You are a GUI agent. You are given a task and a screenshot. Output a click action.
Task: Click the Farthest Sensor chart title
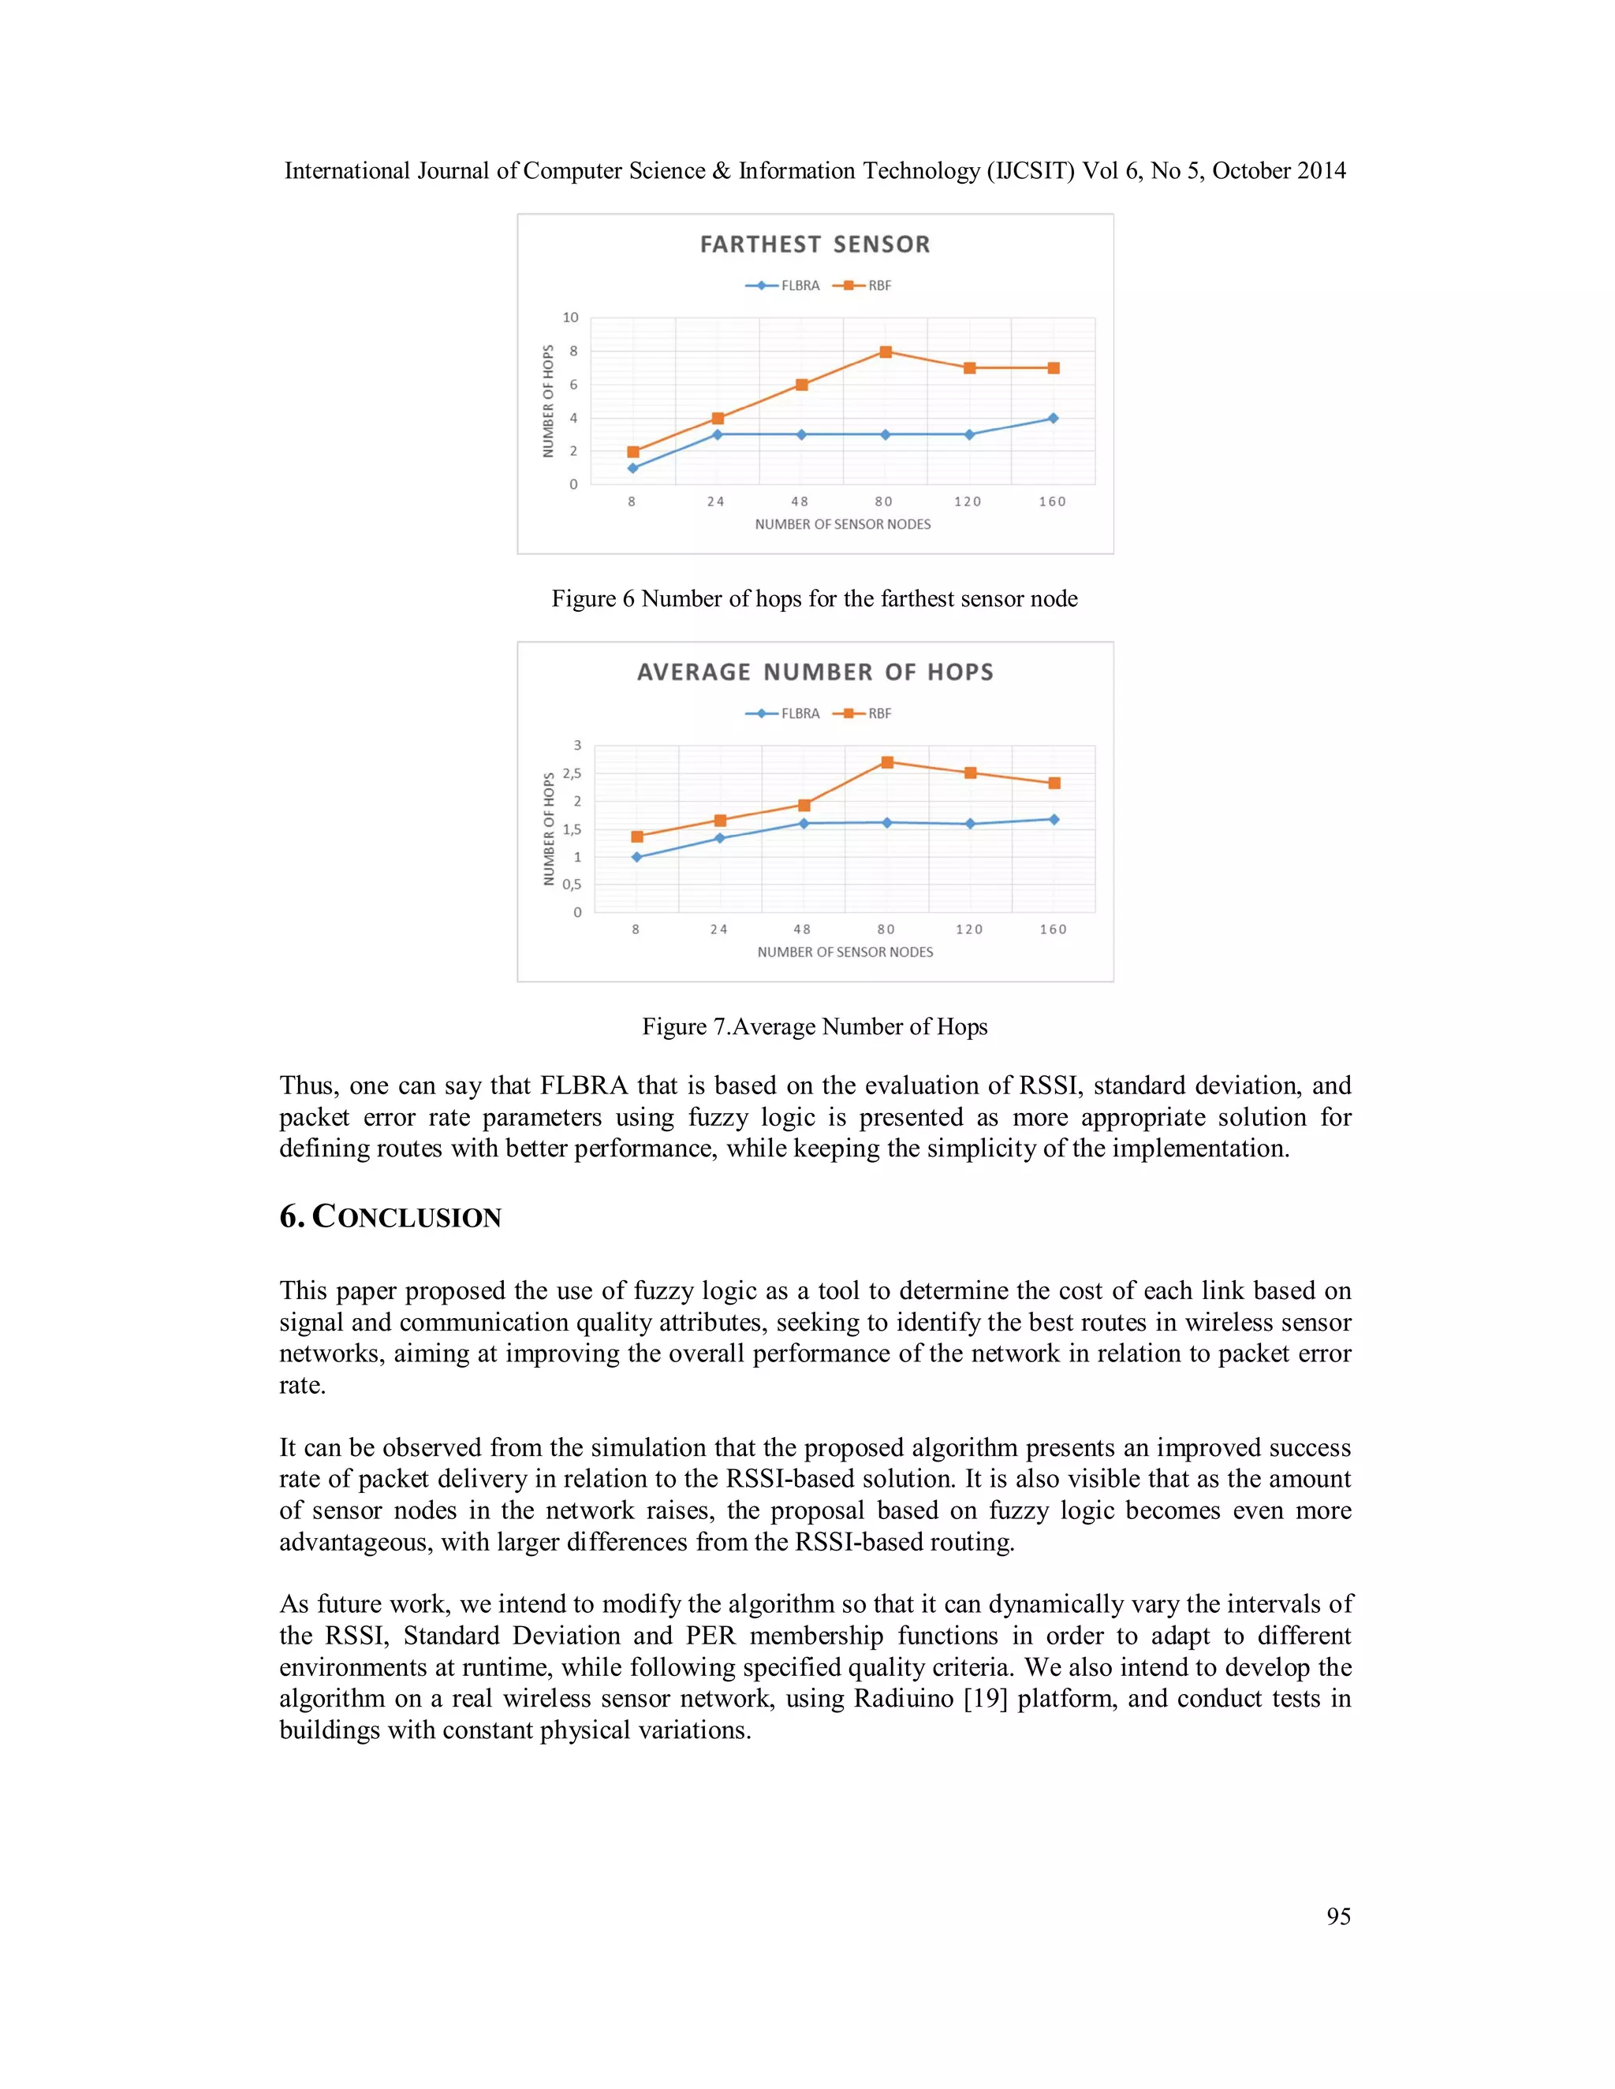pyautogui.click(x=814, y=245)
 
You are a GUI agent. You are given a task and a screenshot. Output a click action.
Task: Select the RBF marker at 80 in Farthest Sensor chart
pyautogui.click(x=886, y=352)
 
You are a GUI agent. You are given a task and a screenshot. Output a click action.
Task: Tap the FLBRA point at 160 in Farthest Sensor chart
pyautogui.click(x=1053, y=418)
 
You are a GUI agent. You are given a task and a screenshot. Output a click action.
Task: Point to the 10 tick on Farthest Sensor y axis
pyautogui.click(x=570, y=318)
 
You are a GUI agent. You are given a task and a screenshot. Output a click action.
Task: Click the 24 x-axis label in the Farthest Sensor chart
pyautogui.click(x=716, y=502)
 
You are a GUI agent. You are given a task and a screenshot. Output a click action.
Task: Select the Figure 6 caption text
pyautogui.click(x=814, y=599)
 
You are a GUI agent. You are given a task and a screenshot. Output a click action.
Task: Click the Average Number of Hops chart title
pyautogui.click(x=814, y=672)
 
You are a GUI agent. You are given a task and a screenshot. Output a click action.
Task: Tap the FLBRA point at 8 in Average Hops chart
pyautogui.click(x=636, y=857)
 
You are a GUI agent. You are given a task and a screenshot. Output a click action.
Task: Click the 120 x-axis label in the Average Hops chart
pyautogui.click(x=969, y=929)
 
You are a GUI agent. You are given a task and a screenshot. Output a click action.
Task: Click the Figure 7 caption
pyautogui.click(x=814, y=1026)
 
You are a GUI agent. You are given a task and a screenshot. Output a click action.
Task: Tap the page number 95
pyautogui.click(x=1337, y=1916)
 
